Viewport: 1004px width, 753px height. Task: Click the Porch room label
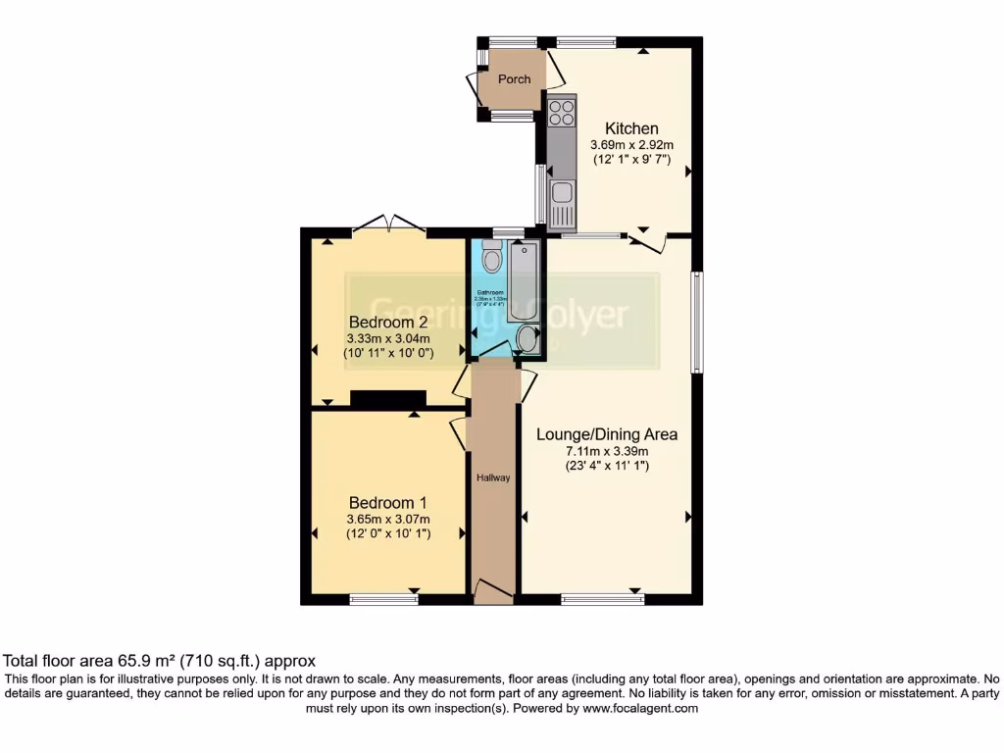click(514, 79)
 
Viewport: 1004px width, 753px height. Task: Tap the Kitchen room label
click(631, 128)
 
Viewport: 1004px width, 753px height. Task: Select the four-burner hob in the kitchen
click(562, 112)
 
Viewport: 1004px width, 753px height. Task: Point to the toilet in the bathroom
click(491, 257)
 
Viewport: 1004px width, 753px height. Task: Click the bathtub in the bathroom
click(524, 279)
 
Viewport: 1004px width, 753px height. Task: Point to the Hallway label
click(493, 477)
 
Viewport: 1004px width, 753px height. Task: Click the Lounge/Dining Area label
click(607, 434)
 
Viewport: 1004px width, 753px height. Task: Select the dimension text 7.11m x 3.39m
click(607, 451)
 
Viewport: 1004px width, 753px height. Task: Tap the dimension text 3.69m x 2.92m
click(631, 144)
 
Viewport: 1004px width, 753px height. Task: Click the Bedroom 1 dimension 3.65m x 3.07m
click(388, 520)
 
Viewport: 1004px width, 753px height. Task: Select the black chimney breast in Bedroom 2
click(388, 398)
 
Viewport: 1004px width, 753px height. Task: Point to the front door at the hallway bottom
click(493, 590)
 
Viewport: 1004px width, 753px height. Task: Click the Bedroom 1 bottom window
click(383, 599)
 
